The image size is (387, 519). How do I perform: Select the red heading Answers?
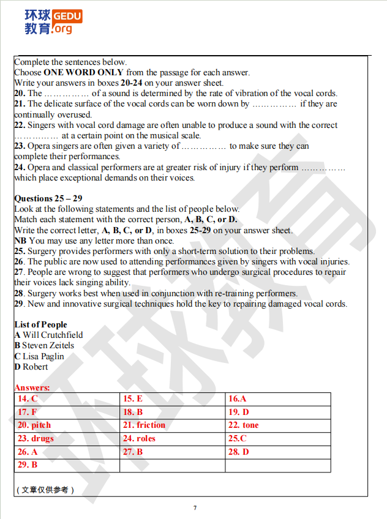(x=32, y=388)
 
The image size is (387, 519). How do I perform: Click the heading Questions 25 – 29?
(x=48, y=198)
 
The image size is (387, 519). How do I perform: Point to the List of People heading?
(x=40, y=324)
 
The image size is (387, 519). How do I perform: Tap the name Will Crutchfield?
(x=53, y=335)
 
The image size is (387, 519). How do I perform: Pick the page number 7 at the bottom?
(x=195, y=508)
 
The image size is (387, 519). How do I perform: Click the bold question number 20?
(x=20, y=94)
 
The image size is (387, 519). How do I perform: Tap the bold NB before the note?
(x=20, y=241)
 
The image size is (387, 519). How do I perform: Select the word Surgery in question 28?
(x=42, y=294)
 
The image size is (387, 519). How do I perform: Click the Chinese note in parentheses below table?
(x=44, y=490)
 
